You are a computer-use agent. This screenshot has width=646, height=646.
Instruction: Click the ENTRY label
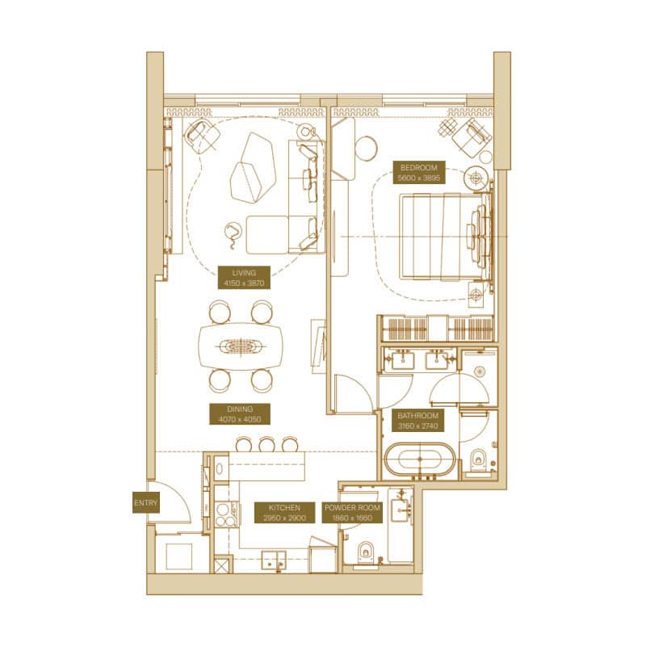146,502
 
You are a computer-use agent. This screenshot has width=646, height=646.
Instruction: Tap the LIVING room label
244,278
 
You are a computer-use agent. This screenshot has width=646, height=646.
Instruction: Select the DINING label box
240,414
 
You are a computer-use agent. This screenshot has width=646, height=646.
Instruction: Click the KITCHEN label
284,513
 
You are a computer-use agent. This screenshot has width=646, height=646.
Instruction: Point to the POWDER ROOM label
352,513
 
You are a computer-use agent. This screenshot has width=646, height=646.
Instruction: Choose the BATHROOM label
417,421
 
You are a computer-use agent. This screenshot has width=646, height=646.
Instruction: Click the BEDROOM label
418,173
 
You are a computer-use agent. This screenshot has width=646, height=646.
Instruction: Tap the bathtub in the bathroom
420,459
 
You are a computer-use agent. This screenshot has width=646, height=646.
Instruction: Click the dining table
241,346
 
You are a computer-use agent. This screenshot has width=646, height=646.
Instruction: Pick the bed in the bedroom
446,237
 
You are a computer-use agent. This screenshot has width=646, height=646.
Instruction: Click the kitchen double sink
274,560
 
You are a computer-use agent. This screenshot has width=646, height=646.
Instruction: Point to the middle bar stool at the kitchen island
267,444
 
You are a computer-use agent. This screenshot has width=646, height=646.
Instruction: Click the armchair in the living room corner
202,133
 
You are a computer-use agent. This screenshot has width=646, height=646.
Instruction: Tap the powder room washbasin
401,510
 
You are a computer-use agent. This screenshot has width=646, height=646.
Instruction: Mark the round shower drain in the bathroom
480,371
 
